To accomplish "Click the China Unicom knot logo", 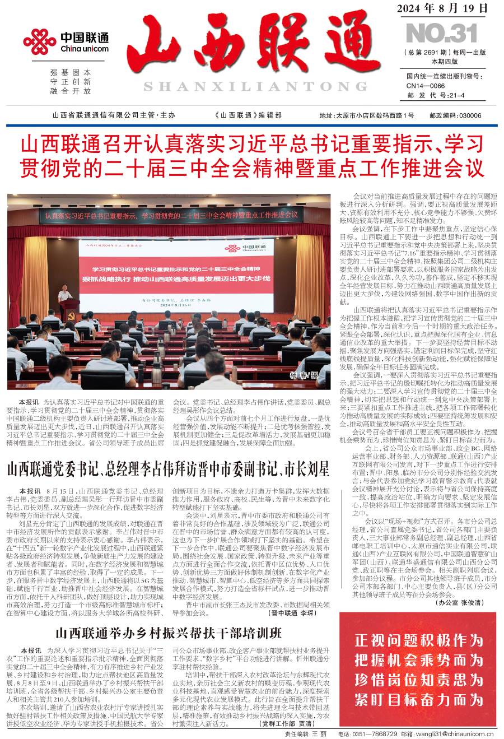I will (x=39, y=43).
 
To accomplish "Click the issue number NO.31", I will (x=441, y=34).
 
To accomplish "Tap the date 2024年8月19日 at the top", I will (x=442, y=8).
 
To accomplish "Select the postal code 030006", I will (x=470, y=115).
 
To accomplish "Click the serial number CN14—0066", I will (x=426, y=86).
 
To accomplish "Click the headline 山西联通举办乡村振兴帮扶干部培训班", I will (x=168, y=634).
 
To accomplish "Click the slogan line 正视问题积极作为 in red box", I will (x=418, y=640).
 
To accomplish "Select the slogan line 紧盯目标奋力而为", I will (x=418, y=699).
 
